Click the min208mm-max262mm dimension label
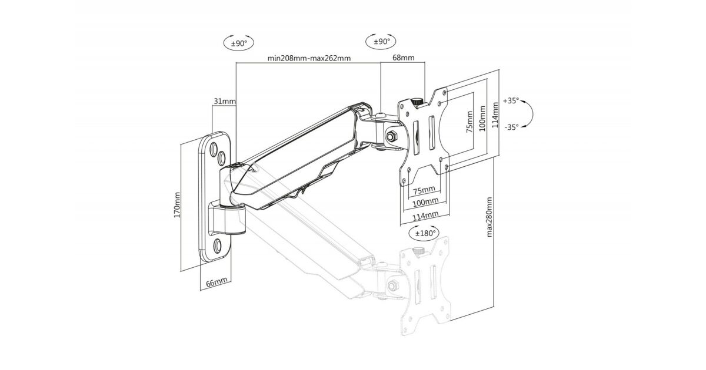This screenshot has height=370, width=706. click(309, 58)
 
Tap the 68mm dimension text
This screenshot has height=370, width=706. click(403, 58)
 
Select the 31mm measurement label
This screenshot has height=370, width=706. click(224, 101)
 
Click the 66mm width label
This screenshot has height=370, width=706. click(217, 282)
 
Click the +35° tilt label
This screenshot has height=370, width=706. click(511, 101)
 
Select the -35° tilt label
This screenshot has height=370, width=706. click(511, 126)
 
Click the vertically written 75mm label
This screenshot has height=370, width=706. click(469, 123)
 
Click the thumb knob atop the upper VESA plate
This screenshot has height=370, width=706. click(418, 101)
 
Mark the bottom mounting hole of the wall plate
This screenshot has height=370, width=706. click(218, 244)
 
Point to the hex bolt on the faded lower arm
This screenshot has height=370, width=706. click(392, 286)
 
